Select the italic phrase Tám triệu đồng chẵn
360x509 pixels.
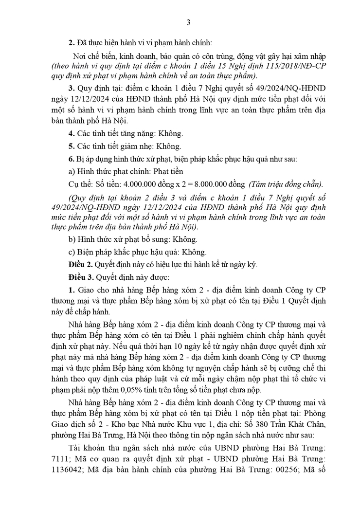(284, 184)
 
